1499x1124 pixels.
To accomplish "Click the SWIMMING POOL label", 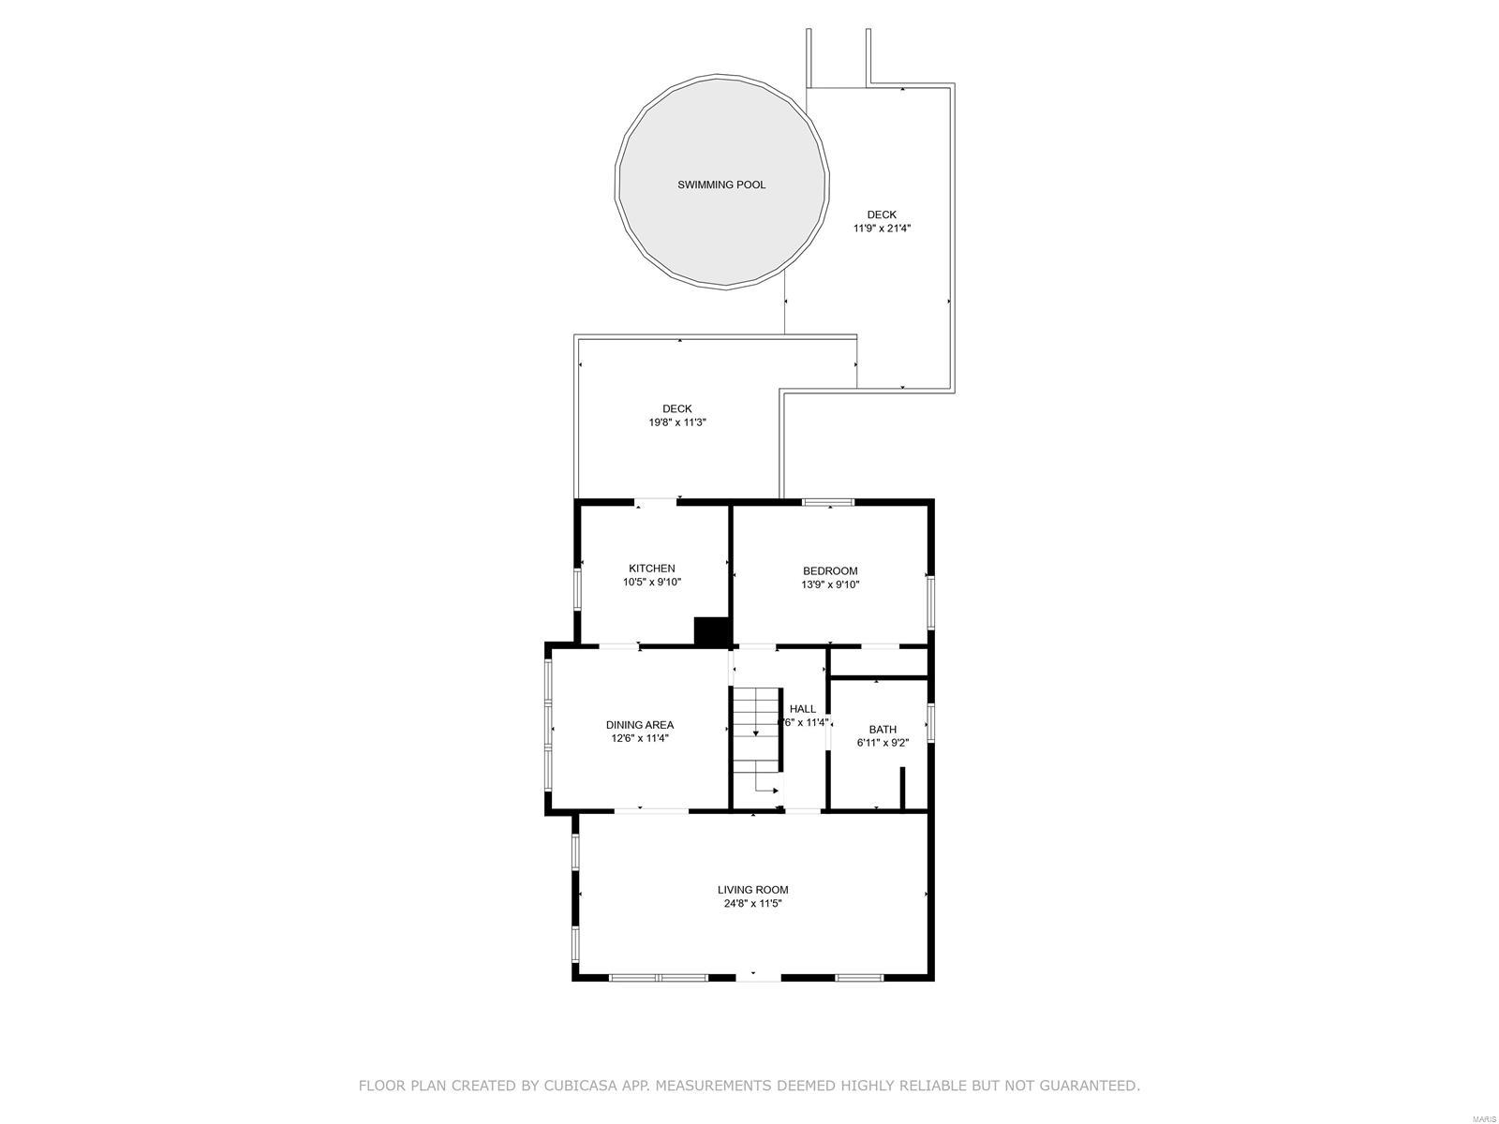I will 721,185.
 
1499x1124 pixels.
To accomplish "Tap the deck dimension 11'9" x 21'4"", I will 882,228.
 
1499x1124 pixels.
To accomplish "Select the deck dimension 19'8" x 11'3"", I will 676,422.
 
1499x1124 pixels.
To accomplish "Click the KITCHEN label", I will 651,569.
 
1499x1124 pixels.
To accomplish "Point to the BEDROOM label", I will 829,571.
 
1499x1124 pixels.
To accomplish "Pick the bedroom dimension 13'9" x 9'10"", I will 829,584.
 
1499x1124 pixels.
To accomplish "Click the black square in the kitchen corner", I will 712,631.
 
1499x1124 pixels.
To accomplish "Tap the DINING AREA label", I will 639,725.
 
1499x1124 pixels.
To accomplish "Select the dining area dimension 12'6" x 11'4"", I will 639,738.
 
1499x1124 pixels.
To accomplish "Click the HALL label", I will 802,709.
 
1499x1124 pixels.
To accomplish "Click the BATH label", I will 882,730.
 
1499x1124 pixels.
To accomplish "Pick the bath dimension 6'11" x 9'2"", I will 882,743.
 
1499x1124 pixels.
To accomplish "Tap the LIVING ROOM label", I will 752,890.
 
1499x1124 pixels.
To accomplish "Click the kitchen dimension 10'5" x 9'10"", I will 651,582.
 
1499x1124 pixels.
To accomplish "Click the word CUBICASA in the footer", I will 598,1086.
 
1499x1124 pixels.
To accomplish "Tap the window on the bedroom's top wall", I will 828,503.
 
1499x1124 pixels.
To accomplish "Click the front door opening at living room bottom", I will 757,977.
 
